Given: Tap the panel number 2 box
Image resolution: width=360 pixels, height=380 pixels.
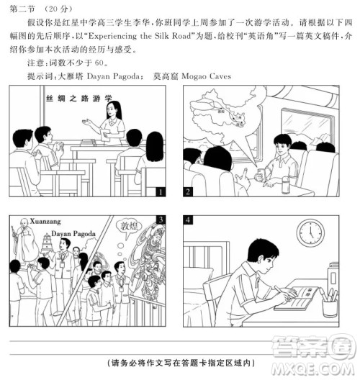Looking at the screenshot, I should tap(189, 192).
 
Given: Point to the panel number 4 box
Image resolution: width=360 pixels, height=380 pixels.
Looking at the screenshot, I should tap(189, 220).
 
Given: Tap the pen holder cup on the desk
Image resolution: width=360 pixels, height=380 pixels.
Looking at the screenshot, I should tap(330, 306).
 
